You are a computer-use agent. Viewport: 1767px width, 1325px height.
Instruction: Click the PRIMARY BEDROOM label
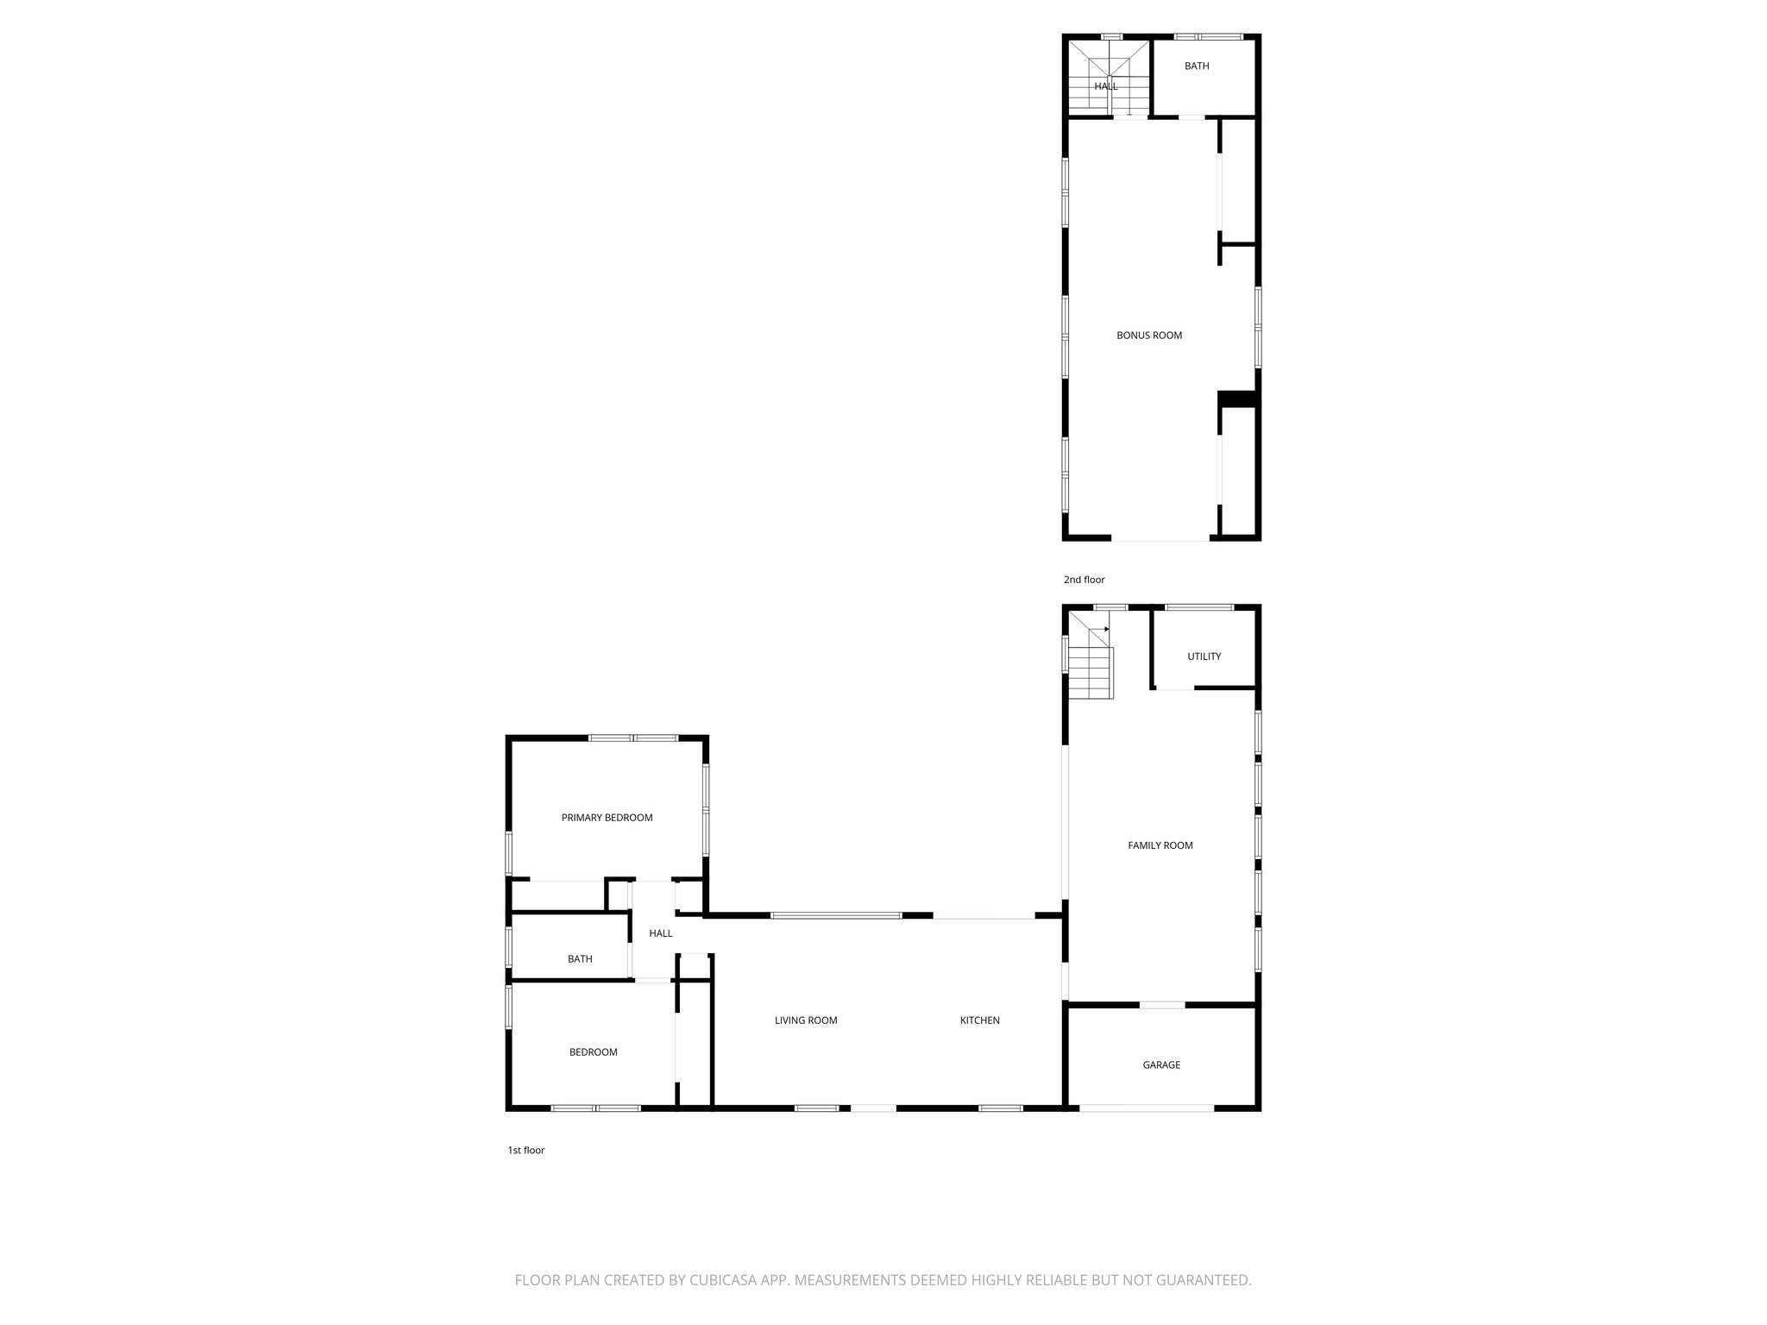(607, 818)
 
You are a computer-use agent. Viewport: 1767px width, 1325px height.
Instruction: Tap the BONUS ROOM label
(1148, 336)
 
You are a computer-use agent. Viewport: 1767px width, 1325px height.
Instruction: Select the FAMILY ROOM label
(1160, 845)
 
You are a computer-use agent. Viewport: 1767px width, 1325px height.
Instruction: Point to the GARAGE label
(1160, 1065)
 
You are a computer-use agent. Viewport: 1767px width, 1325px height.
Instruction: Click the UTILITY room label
(1204, 656)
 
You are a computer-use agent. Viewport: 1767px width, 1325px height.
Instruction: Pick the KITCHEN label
(979, 1020)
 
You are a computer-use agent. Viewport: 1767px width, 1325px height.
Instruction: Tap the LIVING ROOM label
(805, 1020)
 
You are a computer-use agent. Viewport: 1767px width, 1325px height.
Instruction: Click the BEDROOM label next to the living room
(593, 1052)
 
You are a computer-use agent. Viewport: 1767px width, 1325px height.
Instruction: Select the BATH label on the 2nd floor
(1196, 66)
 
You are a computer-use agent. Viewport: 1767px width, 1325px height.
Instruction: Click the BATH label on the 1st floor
(580, 959)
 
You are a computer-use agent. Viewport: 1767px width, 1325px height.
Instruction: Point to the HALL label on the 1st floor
(660, 933)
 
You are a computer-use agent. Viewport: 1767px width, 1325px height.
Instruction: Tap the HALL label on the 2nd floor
(1105, 86)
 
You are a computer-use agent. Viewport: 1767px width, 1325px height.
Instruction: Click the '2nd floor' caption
(1084, 580)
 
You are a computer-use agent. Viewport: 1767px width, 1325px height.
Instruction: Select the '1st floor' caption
(525, 1150)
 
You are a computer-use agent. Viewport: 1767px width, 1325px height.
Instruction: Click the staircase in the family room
(1091, 664)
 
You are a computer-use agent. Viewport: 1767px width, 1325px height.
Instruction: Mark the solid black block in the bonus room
(1236, 399)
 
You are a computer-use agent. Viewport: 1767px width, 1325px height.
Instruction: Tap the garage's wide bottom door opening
(1147, 1108)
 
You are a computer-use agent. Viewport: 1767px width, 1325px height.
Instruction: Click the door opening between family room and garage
(1161, 1005)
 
